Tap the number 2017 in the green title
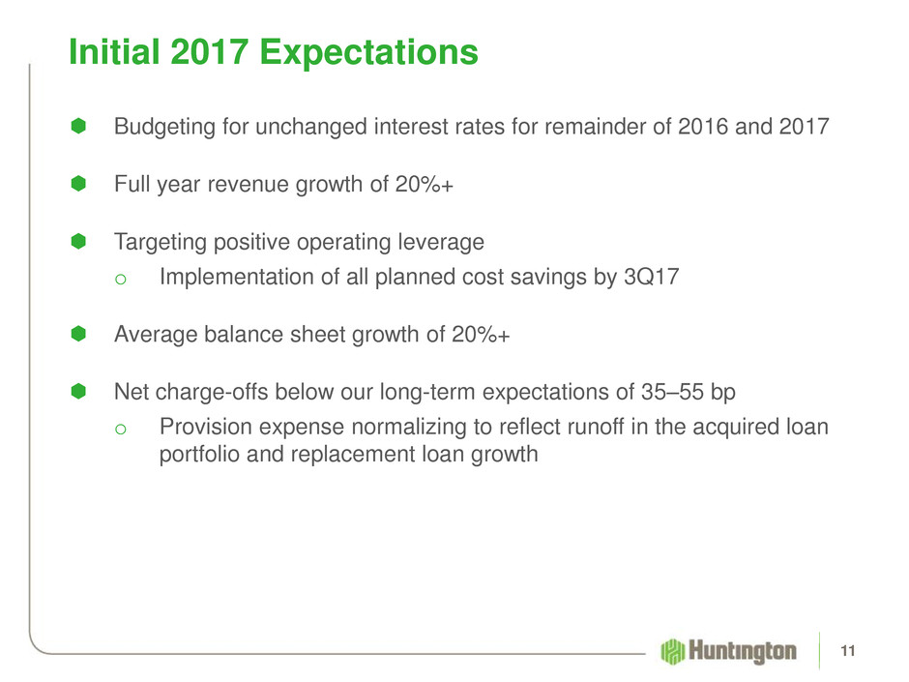[x=210, y=51]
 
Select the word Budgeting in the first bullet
[x=164, y=128]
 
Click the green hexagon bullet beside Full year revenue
[x=78, y=184]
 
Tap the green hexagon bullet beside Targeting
[x=78, y=241]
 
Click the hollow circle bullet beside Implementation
[x=121, y=280]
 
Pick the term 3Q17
[x=651, y=278]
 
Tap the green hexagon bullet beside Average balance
[x=78, y=334]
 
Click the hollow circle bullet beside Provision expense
[x=121, y=430]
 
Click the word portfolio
[x=199, y=455]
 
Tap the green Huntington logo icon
[x=672, y=651]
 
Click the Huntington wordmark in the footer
[x=742, y=651]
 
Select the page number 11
[x=847, y=651]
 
